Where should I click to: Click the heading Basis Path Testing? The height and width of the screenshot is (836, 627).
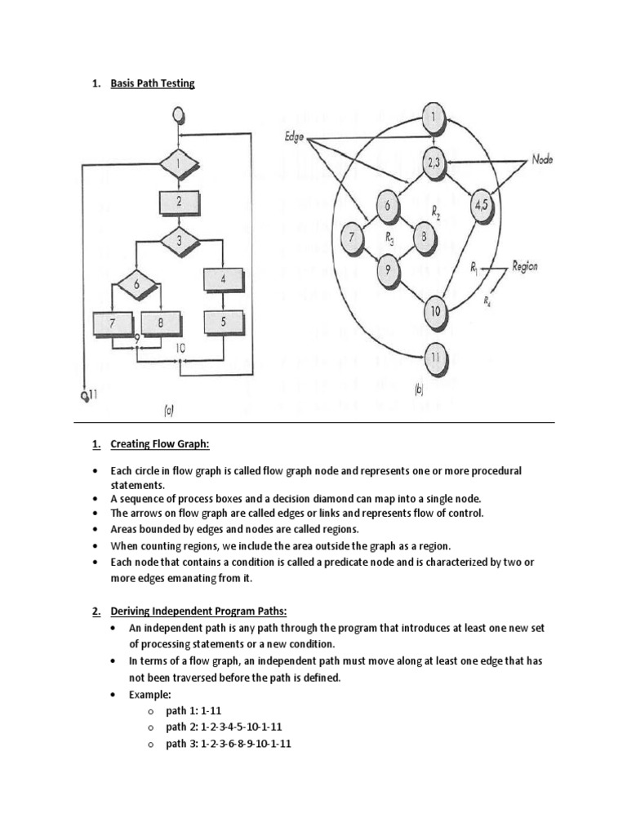tap(153, 83)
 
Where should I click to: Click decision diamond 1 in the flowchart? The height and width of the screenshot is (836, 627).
tap(177, 163)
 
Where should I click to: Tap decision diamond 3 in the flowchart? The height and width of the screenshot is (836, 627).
tap(177, 241)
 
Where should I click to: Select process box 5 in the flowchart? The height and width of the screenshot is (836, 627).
tap(223, 322)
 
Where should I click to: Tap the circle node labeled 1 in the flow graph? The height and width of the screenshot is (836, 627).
tap(434, 119)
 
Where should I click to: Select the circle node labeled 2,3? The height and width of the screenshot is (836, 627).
tap(434, 162)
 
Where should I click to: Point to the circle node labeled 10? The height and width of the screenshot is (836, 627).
tap(434, 311)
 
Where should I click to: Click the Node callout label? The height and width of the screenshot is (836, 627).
tap(542, 161)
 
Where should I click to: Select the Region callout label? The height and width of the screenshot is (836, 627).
tap(524, 267)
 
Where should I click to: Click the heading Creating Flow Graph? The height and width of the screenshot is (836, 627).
tap(159, 444)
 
